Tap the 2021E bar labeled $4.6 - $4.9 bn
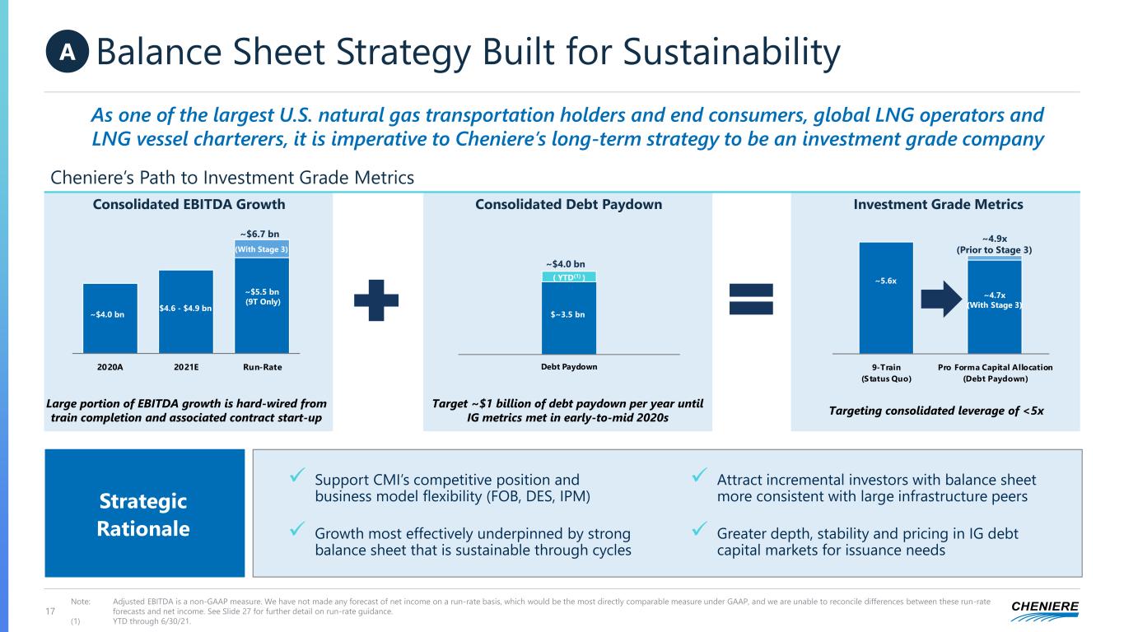coord(186,312)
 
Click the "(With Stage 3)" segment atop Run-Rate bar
coord(262,249)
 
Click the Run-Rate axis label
coord(262,368)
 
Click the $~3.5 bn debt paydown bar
coord(569,318)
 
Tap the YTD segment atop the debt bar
coord(569,277)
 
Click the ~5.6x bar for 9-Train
coord(886,297)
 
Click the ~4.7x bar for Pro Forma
coord(995,307)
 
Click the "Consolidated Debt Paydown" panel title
coord(569,204)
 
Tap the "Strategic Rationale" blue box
coord(145,513)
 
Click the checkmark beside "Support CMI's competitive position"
coord(299,477)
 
